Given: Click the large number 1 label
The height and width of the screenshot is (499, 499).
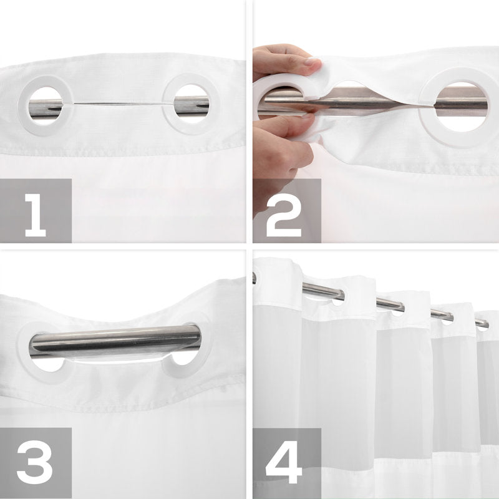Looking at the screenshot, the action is click(x=36, y=215).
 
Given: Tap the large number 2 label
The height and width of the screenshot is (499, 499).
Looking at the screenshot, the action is click(x=284, y=215).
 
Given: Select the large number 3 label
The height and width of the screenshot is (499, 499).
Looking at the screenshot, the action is click(x=35, y=465).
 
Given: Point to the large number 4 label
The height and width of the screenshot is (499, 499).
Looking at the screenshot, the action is click(x=284, y=464).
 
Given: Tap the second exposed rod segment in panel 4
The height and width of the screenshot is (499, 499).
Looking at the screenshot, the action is click(x=390, y=304).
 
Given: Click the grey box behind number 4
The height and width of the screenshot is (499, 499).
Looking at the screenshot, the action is click(x=287, y=463).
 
